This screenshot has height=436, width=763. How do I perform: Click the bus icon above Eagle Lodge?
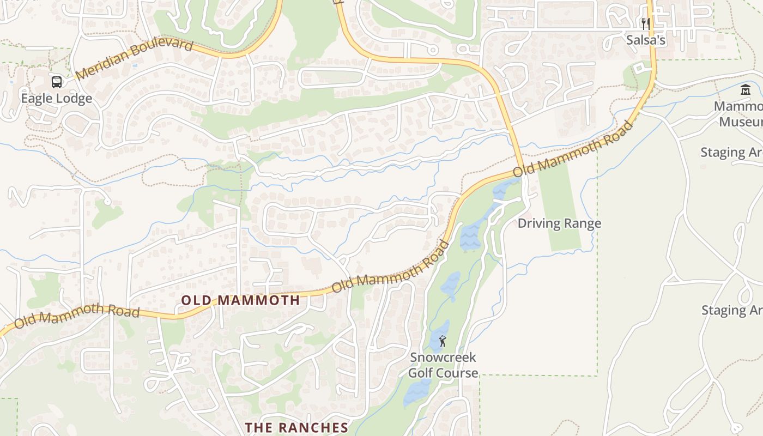click(x=57, y=82)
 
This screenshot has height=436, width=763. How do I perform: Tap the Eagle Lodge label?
click(x=57, y=99)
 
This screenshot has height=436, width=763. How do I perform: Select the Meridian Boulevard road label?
click(x=134, y=59)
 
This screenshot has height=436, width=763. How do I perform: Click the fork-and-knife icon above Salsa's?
click(x=646, y=24)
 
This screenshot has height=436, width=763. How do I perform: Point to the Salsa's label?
click(x=646, y=40)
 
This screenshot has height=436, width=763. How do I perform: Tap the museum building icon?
click(x=745, y=90)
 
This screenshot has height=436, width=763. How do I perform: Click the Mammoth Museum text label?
click(x=741, y=113)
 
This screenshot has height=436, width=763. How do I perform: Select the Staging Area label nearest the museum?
click(x=731, y=152)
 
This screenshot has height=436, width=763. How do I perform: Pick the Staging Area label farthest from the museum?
click(x=732, y=310)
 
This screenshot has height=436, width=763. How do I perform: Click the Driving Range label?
click(x=559, y=223)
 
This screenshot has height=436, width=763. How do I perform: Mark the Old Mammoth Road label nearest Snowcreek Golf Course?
click(x=391, y=267)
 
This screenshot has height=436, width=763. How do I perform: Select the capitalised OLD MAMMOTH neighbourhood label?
click(x=240, y=300)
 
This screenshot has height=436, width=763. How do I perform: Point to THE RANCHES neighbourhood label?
click(x=296, y=427)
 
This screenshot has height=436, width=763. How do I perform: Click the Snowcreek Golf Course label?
click(x=443, y=365)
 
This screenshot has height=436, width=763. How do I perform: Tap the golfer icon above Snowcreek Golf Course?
click(x=443, y=342)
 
